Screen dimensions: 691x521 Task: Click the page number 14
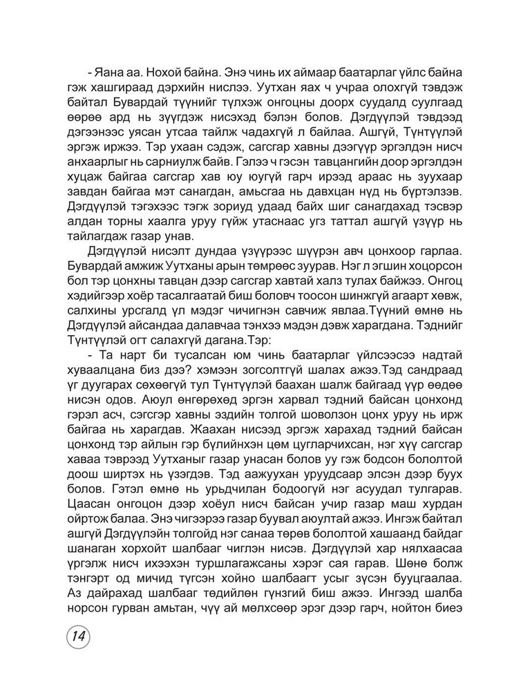coord(81,636)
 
